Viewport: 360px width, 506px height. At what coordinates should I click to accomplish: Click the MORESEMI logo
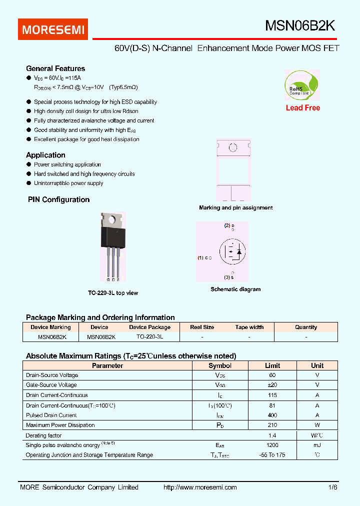tap(53, 29)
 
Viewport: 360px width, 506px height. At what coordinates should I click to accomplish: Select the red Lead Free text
tap(302, 108)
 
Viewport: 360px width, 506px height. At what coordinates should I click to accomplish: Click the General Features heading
tap(55, 68)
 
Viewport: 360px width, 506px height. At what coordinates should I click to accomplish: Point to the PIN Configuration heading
tap(58, 199)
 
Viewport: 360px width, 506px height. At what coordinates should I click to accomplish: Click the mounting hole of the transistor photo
tap(114, 218)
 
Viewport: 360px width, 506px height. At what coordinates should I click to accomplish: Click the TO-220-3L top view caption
tap(113, 293)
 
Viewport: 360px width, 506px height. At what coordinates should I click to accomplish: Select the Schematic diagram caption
tap(235, 289)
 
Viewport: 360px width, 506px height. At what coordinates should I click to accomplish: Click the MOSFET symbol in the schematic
tap(233, 252)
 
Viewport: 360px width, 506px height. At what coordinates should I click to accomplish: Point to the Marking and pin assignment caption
tap(235, 207)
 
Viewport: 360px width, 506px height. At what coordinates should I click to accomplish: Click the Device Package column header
tap(149, 327)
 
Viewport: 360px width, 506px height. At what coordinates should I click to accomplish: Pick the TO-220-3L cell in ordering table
tap(149, 337)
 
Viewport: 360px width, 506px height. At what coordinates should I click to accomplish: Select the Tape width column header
tap(249, 327)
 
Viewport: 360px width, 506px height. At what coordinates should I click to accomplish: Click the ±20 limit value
tap(272, 385)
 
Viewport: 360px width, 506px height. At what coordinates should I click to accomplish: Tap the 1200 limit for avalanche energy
tap(272, 445)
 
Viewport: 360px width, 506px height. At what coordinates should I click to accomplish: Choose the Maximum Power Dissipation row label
tap(60, 425)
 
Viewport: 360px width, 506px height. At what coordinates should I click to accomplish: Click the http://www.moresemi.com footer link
tap(200, 487)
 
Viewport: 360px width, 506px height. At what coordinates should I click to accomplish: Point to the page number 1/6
tap(333, 487)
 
